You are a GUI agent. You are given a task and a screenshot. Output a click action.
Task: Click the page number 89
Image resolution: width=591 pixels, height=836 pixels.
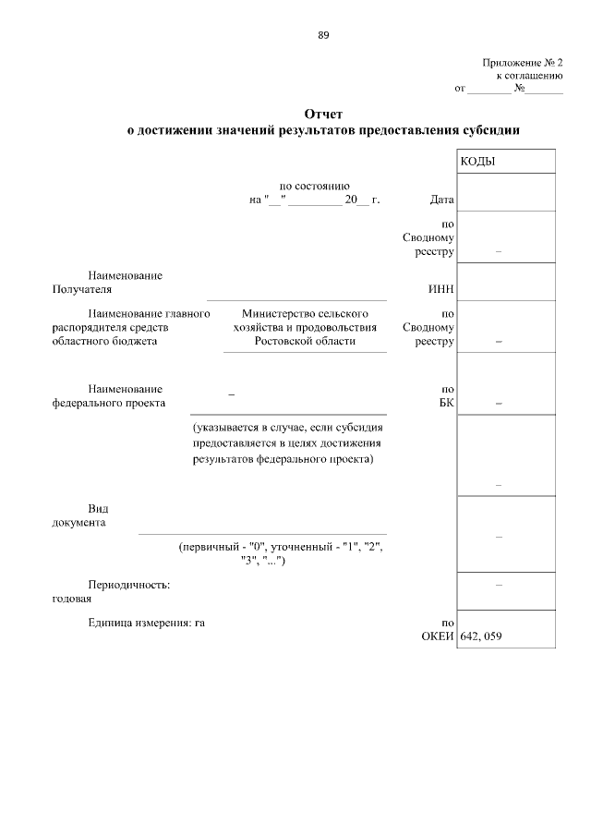[322, 35]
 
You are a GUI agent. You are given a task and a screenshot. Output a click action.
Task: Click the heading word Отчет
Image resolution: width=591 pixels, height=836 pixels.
[322, 115]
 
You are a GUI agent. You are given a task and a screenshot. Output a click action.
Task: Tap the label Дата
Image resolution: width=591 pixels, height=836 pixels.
[441, 200]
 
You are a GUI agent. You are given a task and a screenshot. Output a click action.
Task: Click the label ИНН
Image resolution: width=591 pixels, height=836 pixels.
[440, 290]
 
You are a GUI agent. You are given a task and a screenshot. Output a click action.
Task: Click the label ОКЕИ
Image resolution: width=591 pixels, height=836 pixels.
[438, 636]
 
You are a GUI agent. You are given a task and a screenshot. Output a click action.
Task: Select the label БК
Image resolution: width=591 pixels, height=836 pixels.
[447, 403]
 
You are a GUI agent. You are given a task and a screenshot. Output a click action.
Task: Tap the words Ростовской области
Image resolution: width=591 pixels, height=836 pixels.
[305, 341]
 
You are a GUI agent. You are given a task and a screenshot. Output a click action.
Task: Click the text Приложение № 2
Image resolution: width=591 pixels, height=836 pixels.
[522, 62]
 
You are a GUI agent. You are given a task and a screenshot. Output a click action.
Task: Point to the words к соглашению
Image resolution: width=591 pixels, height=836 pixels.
[530, 76]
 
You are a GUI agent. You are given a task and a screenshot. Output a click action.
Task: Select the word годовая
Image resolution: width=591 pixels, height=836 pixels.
[72, 599]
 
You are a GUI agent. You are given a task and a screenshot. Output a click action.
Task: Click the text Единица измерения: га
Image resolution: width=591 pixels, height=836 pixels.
[146, 624]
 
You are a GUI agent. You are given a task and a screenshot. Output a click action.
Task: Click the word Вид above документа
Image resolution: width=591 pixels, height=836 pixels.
[98, 509]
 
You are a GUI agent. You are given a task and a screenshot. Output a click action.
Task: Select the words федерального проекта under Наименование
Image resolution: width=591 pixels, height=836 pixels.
[109, 403]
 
